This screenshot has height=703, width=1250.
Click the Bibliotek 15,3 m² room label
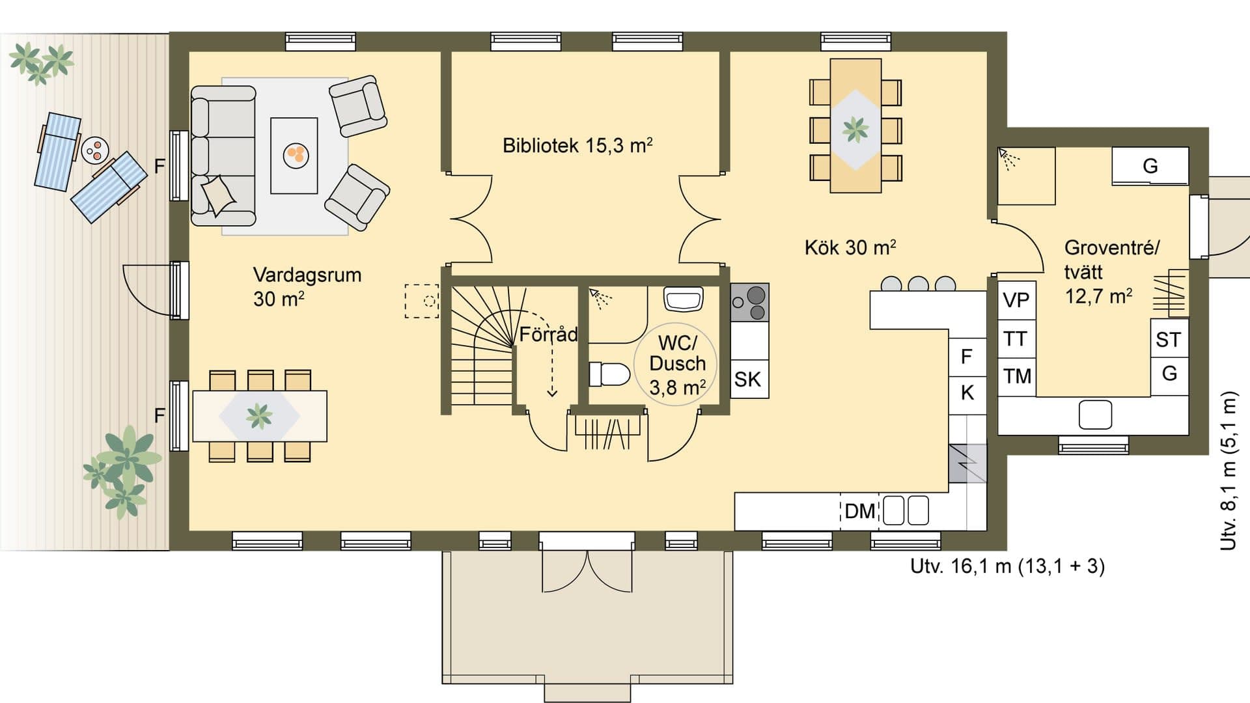tap(577, 145)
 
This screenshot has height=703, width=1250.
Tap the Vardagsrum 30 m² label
tap(307, 286)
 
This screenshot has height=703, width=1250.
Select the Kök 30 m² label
tap(850, 247)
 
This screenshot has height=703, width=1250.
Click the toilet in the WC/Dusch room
tap(610, 375)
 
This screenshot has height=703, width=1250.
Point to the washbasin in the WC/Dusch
tap(683, 299)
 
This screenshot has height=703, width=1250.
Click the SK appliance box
tap(748, 379)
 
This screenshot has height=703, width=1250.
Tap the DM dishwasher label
tap(859, 511)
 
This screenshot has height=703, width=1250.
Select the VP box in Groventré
tap(1016, 300)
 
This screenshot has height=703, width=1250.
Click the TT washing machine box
tap(1016, 338)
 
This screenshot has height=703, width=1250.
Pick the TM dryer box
tap(1016, 376)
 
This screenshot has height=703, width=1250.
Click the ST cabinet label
tap(1168, 339)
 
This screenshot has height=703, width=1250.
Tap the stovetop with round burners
tap(749, 303)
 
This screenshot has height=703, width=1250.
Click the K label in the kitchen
tap(967, 393)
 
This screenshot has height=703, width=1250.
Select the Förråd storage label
tap(548, 335)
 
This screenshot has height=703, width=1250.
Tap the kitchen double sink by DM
tap(905, 511)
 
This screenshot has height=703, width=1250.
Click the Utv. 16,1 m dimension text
tap(1007, 566)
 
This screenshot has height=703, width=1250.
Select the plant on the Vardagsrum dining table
tap(259, 415)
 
